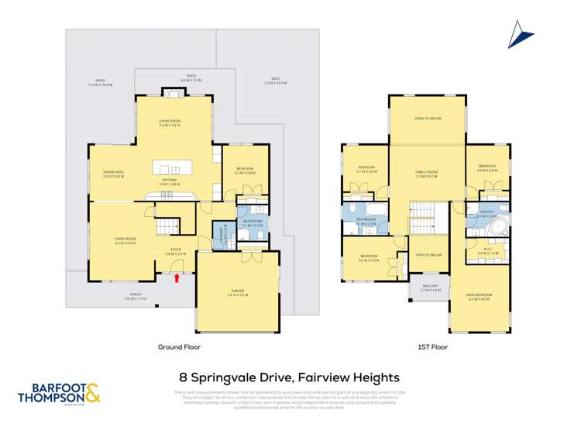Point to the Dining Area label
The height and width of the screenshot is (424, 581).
pos(114,175)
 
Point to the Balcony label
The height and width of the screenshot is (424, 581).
pos(428,290)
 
